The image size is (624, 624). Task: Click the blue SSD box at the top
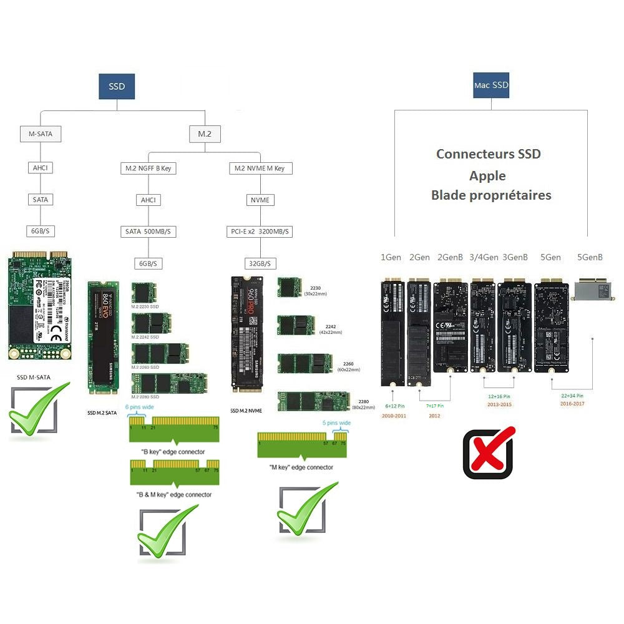point(117,87)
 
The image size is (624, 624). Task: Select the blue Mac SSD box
point(491,85)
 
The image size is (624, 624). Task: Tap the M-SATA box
point(41,134)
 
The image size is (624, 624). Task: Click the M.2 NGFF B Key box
point(148,168)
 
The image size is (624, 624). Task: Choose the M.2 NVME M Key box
point(260,168)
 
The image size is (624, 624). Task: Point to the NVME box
point(260,200)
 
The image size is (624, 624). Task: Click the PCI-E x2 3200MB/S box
point(260,232)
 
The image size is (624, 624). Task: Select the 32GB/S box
point(260,263)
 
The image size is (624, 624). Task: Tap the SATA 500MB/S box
point(148,232)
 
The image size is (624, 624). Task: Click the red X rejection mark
point(489,452)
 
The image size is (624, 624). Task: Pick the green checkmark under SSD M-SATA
point(37,412)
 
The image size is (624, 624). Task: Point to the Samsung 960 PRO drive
point(247,334)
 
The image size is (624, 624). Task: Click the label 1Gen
point(391,257)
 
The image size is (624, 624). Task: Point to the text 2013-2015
point(499,405)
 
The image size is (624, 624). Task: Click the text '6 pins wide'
point(140,407)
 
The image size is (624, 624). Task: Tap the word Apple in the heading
point(488,175)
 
